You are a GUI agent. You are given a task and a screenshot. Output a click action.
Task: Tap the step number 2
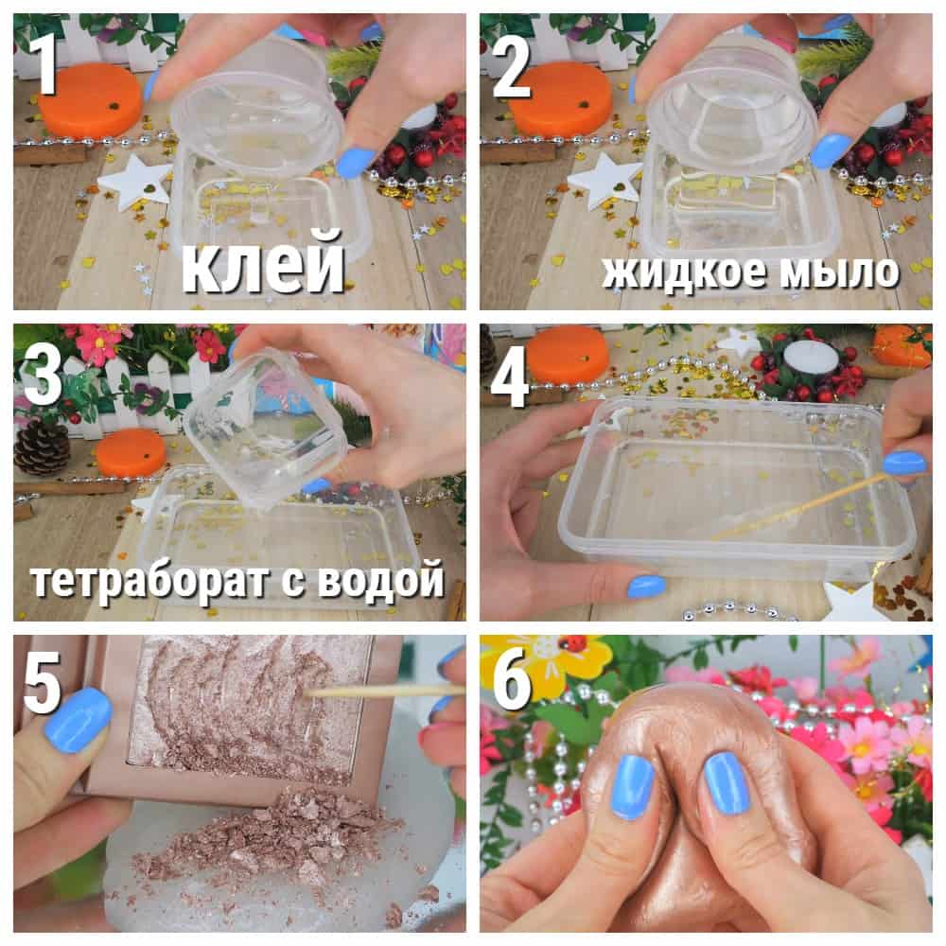point(512,65)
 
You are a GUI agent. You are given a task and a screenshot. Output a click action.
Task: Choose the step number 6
point(512,675)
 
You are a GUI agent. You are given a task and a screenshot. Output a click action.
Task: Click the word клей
point(263,264)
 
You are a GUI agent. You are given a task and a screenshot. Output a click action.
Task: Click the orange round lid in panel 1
point(90,99)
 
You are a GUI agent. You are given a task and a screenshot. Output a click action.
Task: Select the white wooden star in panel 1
point(135,181)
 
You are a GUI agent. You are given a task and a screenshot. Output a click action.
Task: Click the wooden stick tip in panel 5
point(307,693)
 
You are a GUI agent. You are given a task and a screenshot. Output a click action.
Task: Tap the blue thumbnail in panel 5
point(79,722)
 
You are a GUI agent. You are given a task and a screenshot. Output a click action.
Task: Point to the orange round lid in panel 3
point(130,452)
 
